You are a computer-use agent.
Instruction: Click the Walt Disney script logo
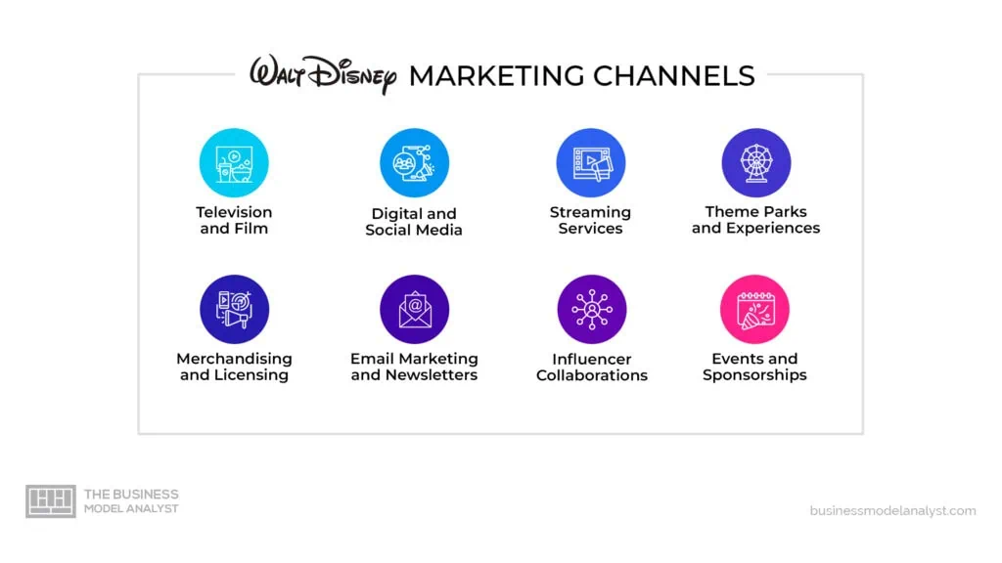(323, 74)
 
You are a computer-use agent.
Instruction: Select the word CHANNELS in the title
(673, 76)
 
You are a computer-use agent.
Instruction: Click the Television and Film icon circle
(234, 163)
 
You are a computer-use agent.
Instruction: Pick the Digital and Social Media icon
(414, 163)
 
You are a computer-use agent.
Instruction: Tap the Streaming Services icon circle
(590, 163)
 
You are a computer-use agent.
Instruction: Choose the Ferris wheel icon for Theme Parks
(756, 163)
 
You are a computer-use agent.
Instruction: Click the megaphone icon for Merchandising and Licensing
(234, 310)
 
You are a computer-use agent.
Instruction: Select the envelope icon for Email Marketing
(414, 310)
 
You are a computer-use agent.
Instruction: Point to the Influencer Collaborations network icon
(592, 310)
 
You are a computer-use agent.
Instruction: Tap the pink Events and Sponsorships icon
(754, 310)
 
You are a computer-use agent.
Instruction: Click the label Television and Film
(234, 220)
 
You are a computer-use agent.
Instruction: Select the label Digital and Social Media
(414, 222)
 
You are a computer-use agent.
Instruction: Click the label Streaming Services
(590, 220)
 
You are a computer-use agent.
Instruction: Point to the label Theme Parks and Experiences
(756, 220)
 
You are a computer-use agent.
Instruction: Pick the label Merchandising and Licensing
(234, 368)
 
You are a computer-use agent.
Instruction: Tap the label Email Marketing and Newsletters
(414, 368)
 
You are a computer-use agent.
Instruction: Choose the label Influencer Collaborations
(592, 368)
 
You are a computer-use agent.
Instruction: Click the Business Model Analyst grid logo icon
(51, 501)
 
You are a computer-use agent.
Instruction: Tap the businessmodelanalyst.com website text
(892, 510)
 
